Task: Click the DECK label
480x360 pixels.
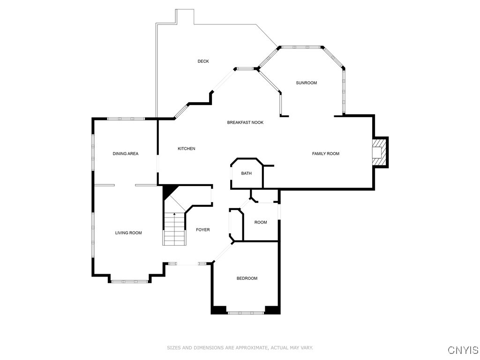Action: pyautogui.click(x=203, y=61)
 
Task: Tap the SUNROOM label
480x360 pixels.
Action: pyautogui.click(x=306, y=83)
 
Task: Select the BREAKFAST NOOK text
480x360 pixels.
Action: pyautogui.click(x=245, y=122)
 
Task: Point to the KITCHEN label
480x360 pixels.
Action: pyautogui.click(x=186, y=149)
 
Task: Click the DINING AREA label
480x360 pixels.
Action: pyautogui.click(x=126, y=154)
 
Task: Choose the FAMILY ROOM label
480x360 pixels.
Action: pyautogui.click(x=326, y=154)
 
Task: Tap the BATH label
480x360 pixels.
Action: pyautogui.click(x=246, y=173)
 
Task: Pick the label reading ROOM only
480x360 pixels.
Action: pyautogui.click(x=261, y=222)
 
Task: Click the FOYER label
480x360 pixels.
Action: pyautogui.click(x=202, y=230)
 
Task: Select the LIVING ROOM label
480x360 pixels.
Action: pyautogui.click(x=128, y=233)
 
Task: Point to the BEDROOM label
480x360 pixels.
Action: pyautogui.click(x=247, y=278)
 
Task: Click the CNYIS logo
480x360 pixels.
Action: pyautogui.click(x=463, y=350)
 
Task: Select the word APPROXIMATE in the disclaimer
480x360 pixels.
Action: pyautogui.click(x=250, y=348)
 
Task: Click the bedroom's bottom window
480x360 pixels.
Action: pyautogui.click(x=246, y=312)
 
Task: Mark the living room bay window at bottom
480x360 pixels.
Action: pyautogui.click(x=130, y=281)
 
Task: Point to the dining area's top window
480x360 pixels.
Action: pyautogui.click(x=126, y=119)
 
